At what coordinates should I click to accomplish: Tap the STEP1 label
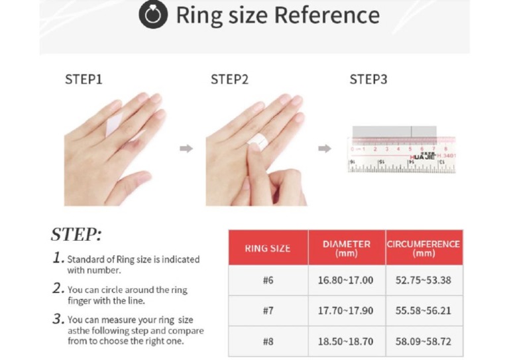[84, 80]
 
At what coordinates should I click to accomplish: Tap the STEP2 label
[229, 80]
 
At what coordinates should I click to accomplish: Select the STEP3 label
[368, 80]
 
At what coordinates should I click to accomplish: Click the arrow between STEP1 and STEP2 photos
[186, 149]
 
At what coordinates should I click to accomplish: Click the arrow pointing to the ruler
[325, 149]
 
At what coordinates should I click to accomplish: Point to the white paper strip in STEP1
[113, 125]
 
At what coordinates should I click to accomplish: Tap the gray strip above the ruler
[394, 131]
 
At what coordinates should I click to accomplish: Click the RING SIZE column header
[268, 249]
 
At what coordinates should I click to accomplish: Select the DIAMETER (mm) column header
[347, 249]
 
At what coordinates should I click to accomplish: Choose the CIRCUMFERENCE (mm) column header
[424, 249]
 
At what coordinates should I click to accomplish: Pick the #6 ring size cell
[268, 280]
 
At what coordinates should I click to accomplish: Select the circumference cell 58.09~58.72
[424, 341]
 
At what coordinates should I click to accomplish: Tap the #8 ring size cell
[268, 341]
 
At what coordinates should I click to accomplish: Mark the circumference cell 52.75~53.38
[424, 280]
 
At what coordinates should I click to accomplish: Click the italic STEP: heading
[76, 235]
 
